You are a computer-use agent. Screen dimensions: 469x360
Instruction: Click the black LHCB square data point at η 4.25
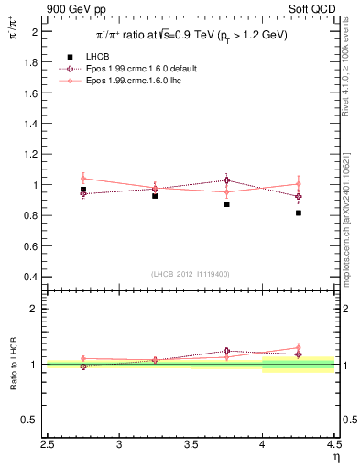(x=298, y=213)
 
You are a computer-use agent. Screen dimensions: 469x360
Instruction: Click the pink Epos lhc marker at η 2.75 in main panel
(x=83, y=178)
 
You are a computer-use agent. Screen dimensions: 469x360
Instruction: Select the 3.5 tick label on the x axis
(x=191, y=446)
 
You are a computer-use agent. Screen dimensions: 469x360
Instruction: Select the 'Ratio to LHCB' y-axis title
(x=13, y=365)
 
